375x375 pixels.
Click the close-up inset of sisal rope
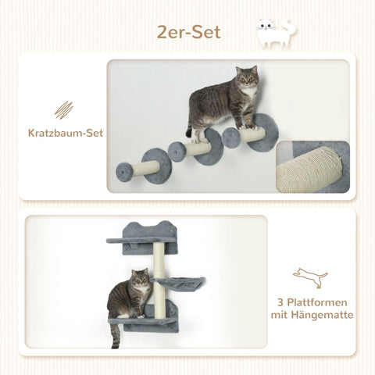tap(312, 166)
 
